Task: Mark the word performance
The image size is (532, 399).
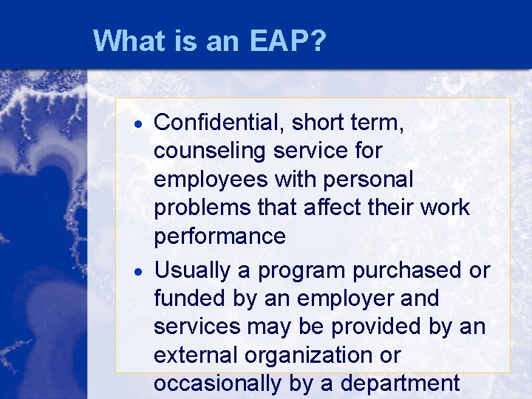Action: click(219, 237)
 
